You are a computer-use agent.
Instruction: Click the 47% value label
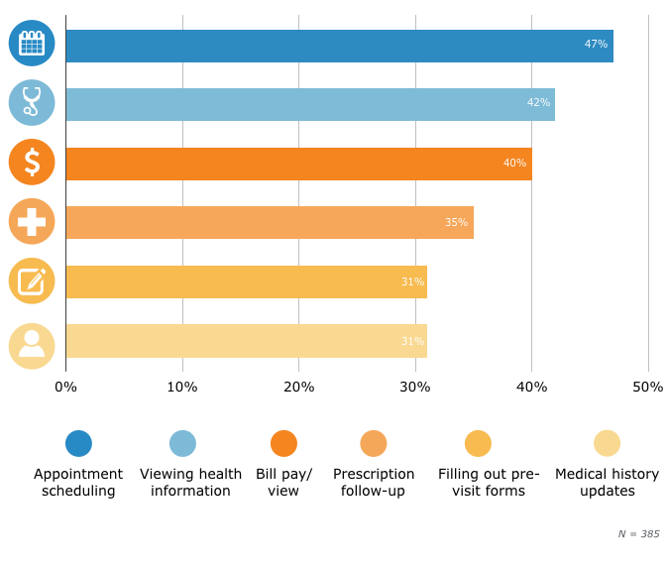pyautogui.click(x=595, y=45)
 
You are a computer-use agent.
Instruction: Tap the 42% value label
pyautogui.click(x=538, y=103)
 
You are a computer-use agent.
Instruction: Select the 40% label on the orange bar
pyautogui.click(x=514, y=164)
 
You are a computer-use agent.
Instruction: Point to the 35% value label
pyautogui.click(x=456, y=222)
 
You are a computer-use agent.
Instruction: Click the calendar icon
pyautogui.click(x=32, y=44)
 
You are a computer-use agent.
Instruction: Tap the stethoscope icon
pyautogui.click(x=32, y=102)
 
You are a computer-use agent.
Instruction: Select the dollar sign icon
pyautogui.click(x=32, y=162)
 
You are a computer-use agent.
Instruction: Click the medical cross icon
pyautogui.click(x=32, y=221)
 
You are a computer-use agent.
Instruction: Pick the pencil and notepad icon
pyautogui.click(x=32, y=281)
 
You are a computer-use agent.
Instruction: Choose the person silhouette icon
pyautogui.click(x=32, y=345)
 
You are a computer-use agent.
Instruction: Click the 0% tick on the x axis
pyautogui.click(x=65, y=387)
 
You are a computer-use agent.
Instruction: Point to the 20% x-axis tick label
pyautogui.click(x=298, y=387)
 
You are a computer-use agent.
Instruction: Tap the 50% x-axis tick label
pyautogui.click(x=647, y=387)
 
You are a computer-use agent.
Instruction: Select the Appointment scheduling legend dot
pyautogui.click(x=78, y=443)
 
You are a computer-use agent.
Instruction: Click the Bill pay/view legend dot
pyautogui.click(x=283, y=443)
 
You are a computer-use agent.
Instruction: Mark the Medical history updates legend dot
pyautogui.click(x=607, y=443)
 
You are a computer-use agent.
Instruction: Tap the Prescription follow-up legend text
pyautogui.click(x=374, y=483)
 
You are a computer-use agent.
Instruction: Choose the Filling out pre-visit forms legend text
pyautogui.click(x=489, y=483)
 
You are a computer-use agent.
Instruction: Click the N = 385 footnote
pyautogui.click(x=638, y=533)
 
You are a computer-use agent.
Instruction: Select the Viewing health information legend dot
pyautogui.click(x=182, y=443)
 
